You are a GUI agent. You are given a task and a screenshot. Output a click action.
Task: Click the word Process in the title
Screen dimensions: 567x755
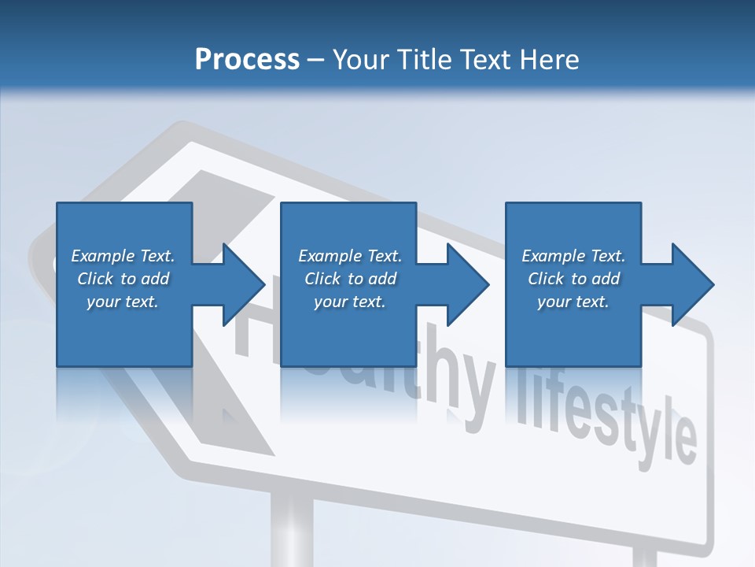[247, 60]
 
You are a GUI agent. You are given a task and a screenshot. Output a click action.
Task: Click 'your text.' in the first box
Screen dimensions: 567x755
[123, 302]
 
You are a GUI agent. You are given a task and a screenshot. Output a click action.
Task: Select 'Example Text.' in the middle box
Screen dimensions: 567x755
[349, 256]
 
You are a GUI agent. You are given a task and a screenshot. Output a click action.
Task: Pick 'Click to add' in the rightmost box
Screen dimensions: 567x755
[574, 279]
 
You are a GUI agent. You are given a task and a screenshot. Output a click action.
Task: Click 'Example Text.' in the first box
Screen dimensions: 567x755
[123, 256]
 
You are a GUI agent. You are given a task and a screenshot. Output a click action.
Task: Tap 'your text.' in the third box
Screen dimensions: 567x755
[573, 302]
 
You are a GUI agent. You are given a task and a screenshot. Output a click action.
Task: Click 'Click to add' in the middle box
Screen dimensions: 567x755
[350, 279]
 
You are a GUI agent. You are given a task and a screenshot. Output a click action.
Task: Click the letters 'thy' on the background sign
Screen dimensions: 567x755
[464, 386]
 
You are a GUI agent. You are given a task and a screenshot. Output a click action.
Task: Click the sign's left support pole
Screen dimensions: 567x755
[290, 528]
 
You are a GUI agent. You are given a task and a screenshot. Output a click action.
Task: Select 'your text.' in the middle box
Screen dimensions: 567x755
[349, 302]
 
